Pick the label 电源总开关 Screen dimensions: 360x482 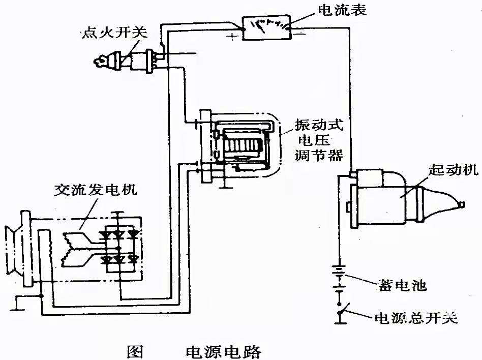tap(416, 318)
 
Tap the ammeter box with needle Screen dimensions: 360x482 tap(266, 27)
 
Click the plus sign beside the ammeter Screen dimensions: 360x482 tap(233, 37)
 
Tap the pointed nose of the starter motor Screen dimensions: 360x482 tap(460, 204)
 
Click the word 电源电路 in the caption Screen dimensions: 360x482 tap(224, 351)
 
